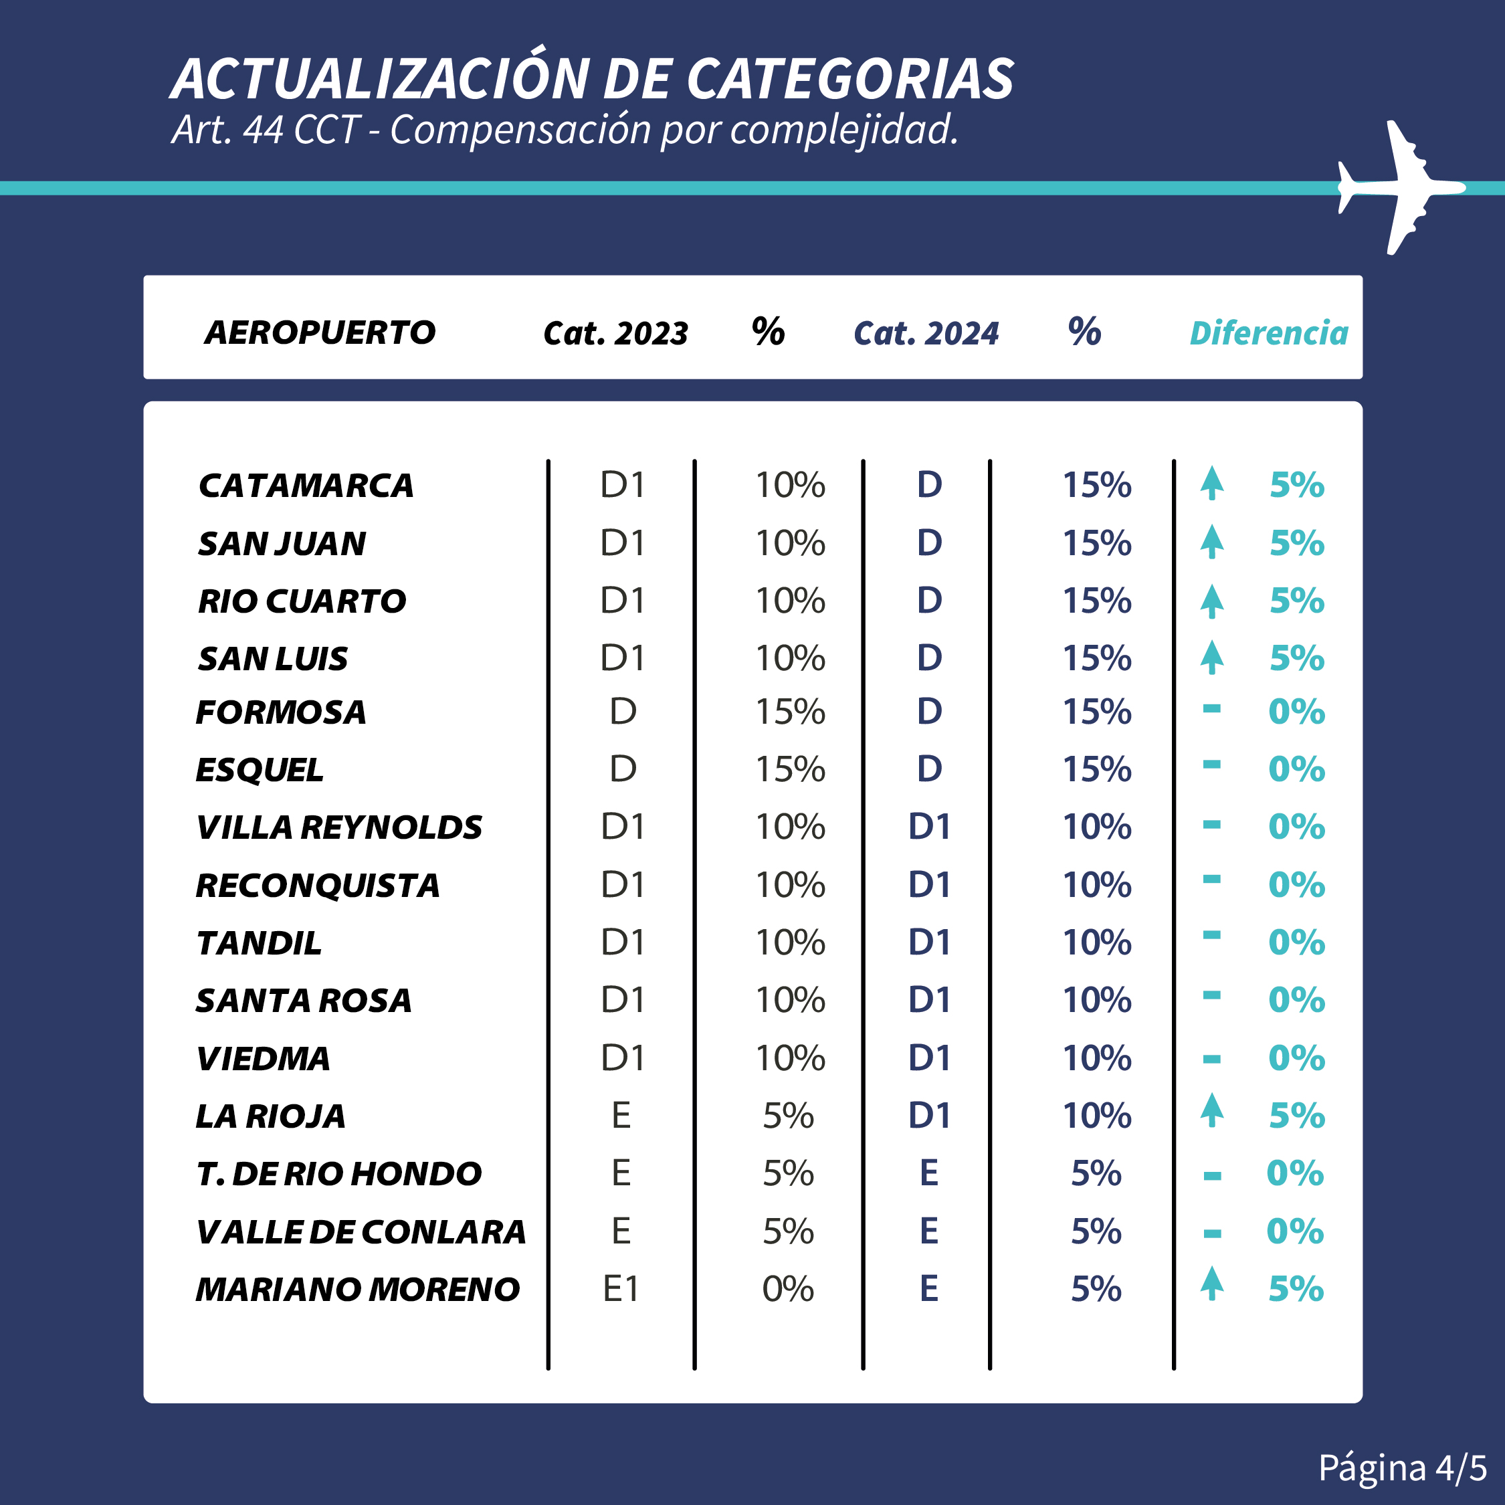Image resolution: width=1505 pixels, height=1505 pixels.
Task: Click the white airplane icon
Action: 1398,187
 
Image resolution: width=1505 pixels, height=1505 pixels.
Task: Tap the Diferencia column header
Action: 1268,333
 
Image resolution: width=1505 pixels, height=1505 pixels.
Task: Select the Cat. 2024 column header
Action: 926,333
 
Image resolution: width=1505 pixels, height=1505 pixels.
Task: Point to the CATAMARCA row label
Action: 306,486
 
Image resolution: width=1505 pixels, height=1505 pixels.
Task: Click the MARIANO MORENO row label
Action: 358,1289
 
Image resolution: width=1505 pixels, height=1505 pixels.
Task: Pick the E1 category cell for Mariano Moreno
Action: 621,1289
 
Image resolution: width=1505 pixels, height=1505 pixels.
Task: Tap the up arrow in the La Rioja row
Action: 1211,1110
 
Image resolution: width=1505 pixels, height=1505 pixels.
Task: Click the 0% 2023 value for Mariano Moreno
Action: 787,1289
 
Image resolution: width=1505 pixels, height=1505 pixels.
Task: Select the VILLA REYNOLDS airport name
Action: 339,827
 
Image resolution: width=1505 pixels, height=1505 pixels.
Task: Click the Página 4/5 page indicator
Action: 1401,1468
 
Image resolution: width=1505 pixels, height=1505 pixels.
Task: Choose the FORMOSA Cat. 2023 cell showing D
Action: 623,711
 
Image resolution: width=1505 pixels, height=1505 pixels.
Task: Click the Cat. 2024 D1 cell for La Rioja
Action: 929,1116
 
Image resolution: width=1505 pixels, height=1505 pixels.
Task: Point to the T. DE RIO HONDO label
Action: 339,1174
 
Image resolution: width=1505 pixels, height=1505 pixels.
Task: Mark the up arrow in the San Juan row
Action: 1211,541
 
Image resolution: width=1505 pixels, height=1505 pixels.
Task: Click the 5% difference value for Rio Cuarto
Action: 1296,601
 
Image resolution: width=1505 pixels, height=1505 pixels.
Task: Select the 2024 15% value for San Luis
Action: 1097,658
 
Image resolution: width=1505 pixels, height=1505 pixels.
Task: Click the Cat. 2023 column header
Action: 615,333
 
